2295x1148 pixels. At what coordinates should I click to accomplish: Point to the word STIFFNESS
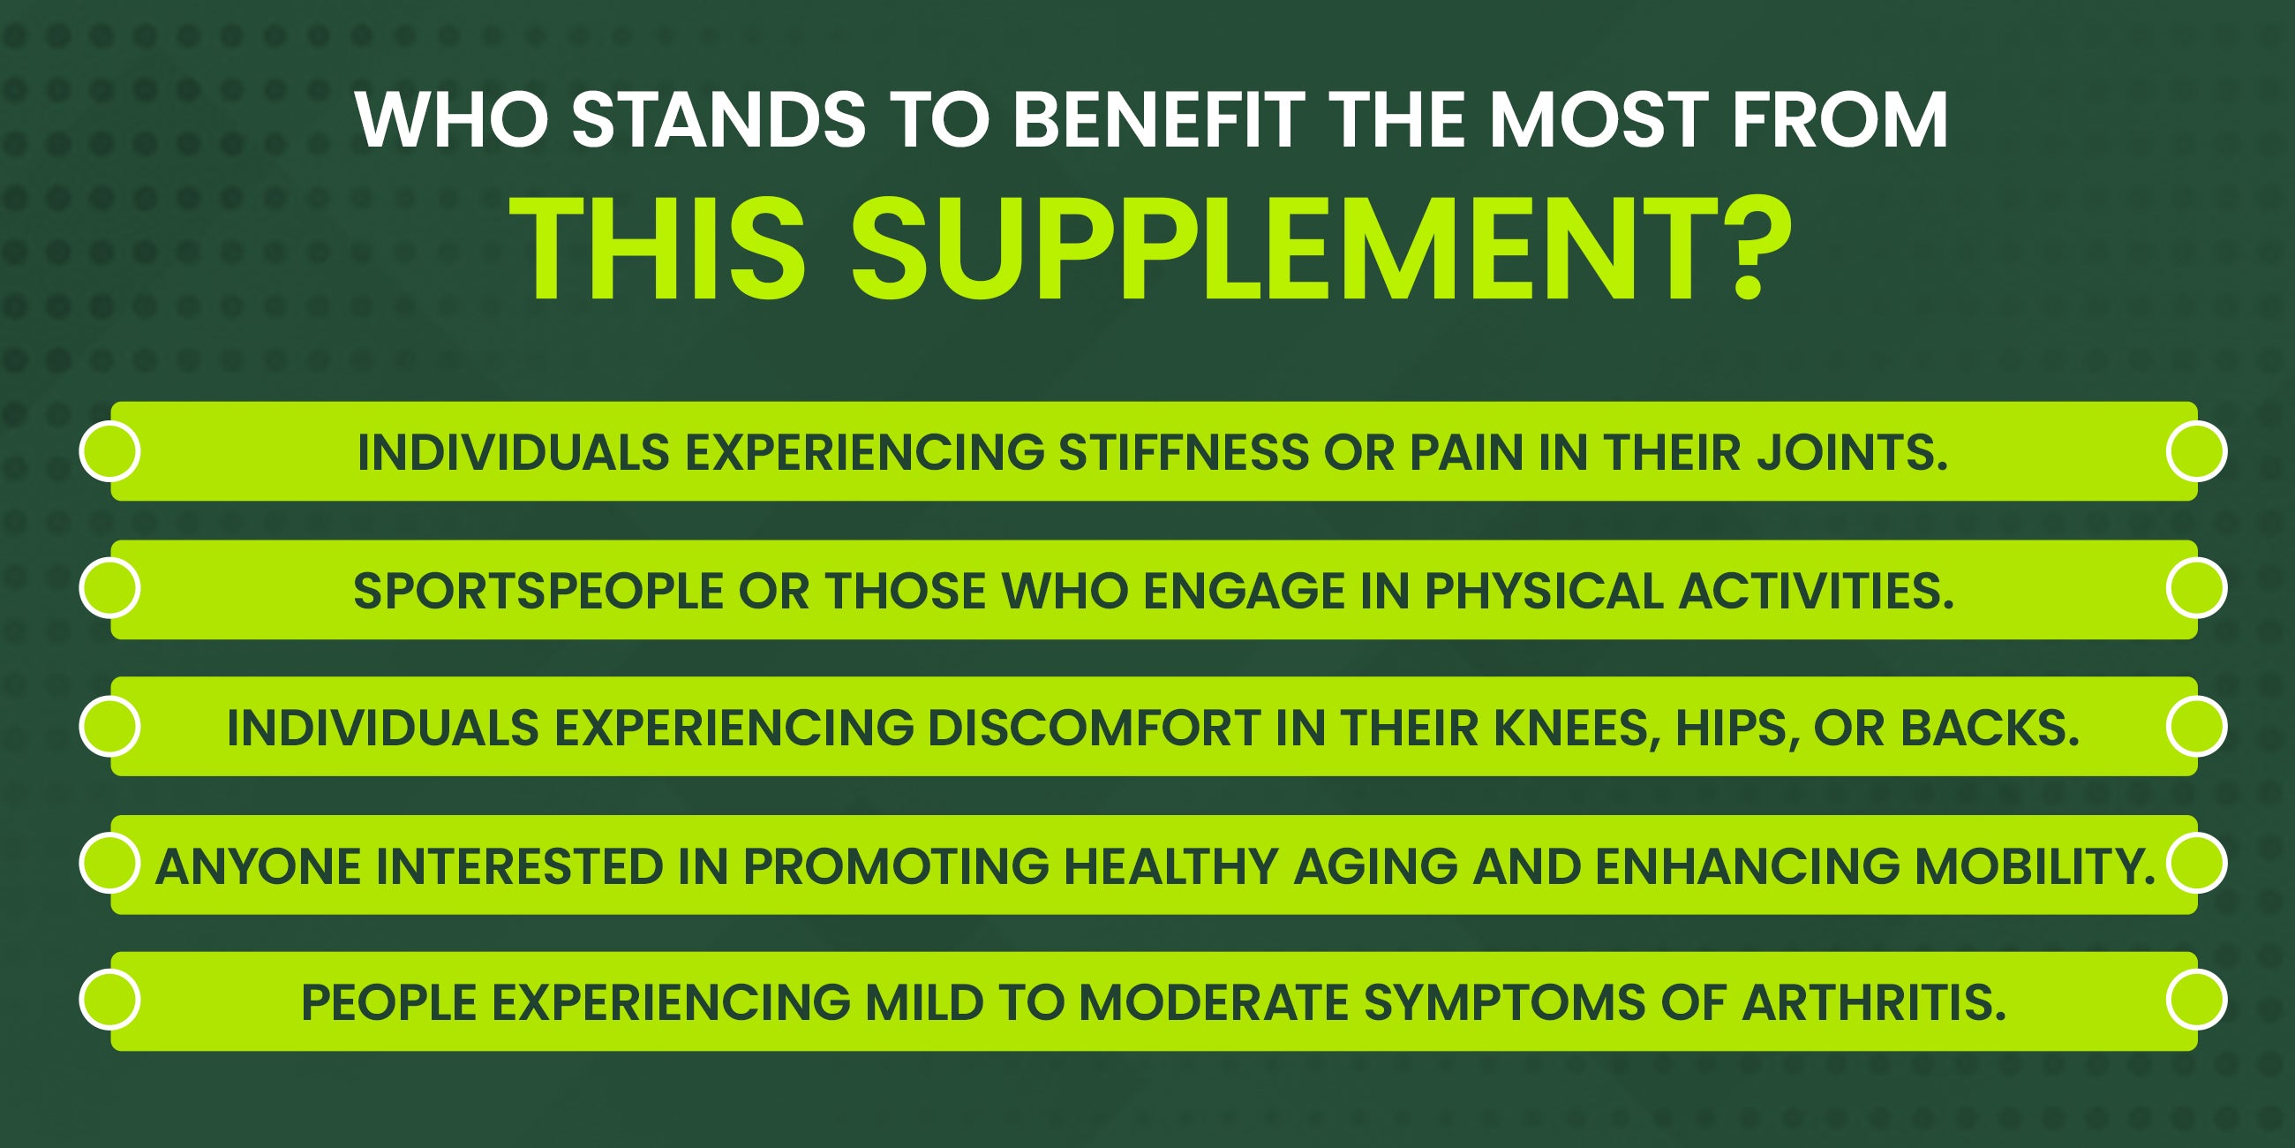click(x=1182, y=452)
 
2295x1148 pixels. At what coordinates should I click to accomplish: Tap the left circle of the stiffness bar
click(x=109, y=451)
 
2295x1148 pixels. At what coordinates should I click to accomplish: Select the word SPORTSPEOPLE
click(x=538, y=591)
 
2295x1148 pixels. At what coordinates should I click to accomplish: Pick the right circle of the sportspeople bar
click(x=2197, y=587)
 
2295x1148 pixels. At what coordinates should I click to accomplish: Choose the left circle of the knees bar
click(x=109, y=726)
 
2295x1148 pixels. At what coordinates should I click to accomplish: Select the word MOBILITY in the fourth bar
click(x=2035, y=866)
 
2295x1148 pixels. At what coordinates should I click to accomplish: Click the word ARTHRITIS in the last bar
click(x=1874, y=1002)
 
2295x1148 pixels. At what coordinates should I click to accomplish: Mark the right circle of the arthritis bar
click(x=2197, y=999)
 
